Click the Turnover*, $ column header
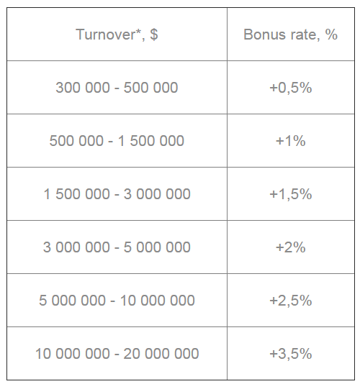117,35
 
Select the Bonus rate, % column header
291,35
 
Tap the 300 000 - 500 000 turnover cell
117,88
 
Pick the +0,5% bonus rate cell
291,88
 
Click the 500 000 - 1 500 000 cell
117,141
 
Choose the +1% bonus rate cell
291,141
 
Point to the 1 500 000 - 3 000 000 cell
117,194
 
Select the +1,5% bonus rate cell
291,194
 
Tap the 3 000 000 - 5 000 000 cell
117,247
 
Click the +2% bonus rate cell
291,247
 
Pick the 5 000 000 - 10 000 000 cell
117,301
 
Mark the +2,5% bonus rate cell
291,301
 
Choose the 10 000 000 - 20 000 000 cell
117,354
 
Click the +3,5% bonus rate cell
291,354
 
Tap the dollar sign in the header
154,35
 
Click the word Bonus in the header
265,35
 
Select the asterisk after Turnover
138,31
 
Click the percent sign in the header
331,35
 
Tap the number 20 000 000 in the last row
161,354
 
